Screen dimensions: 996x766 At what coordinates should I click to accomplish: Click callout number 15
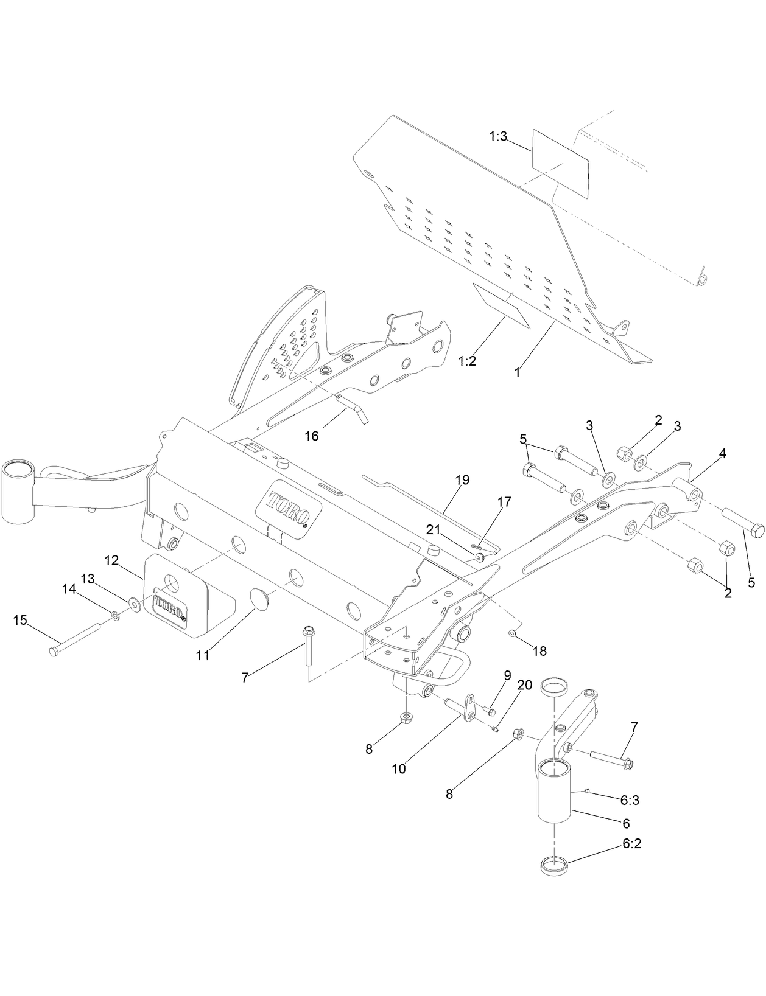[20, 620]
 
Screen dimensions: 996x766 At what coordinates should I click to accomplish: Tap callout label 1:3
[498, 136]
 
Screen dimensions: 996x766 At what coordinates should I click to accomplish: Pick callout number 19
[462, 479]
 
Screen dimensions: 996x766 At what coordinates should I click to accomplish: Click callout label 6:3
[630, 800]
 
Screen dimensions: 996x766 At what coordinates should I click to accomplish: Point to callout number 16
[311, 436]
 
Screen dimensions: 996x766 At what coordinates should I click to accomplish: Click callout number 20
[524, 685]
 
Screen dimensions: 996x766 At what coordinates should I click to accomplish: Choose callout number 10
[398, 768]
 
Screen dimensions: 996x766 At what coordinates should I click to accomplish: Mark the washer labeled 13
[133, 603]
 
